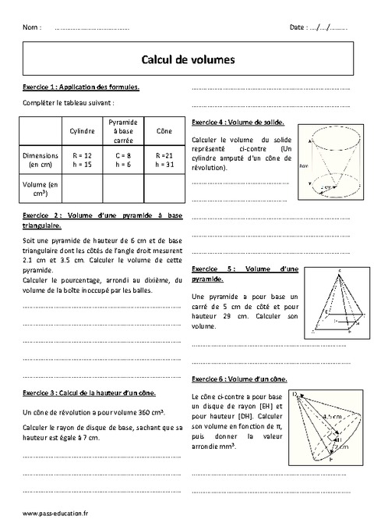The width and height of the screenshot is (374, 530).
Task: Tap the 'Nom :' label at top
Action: (32, 27)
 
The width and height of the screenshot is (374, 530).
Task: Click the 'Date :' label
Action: (299, 27)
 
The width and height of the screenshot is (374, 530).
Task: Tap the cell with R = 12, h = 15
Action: (82, 160)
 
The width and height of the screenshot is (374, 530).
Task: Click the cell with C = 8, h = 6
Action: (123, 160)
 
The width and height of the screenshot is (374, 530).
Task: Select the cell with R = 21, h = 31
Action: (164, 160)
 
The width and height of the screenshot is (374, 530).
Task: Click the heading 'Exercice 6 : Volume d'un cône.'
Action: (238, 379)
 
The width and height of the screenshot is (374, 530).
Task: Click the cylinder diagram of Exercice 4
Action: (329, 163)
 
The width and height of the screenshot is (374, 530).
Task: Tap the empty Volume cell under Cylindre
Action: (82, 188)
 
